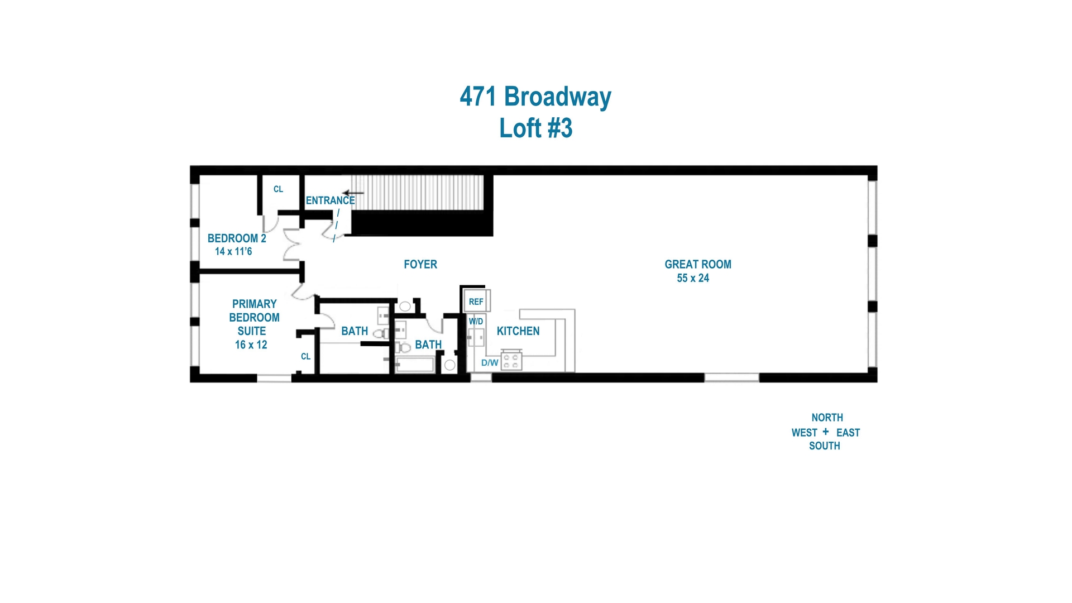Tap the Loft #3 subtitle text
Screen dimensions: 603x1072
[535, 128]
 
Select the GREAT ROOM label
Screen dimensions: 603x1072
[697, 264]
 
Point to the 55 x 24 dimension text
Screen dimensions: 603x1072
[693, 278]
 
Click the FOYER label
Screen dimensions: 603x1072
[420, 264]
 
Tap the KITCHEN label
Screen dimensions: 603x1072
[518, 331]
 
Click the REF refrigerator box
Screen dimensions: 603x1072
[476, 301]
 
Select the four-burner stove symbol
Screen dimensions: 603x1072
[511, 361]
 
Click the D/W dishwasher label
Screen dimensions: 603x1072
[490, 363]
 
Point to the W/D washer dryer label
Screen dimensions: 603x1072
[476, 322]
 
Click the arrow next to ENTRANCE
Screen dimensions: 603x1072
[353, 193]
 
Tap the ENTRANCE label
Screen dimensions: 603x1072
[330, 200]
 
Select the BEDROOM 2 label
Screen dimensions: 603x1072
[237, 238]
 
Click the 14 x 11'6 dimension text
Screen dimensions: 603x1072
[233, 252]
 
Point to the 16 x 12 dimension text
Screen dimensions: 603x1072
[251, 345]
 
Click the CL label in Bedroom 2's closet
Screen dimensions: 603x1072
[278, 189]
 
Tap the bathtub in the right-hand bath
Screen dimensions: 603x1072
[415, 366]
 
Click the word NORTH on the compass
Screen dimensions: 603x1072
[827, 418]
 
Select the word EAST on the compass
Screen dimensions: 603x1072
[848, 433]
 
